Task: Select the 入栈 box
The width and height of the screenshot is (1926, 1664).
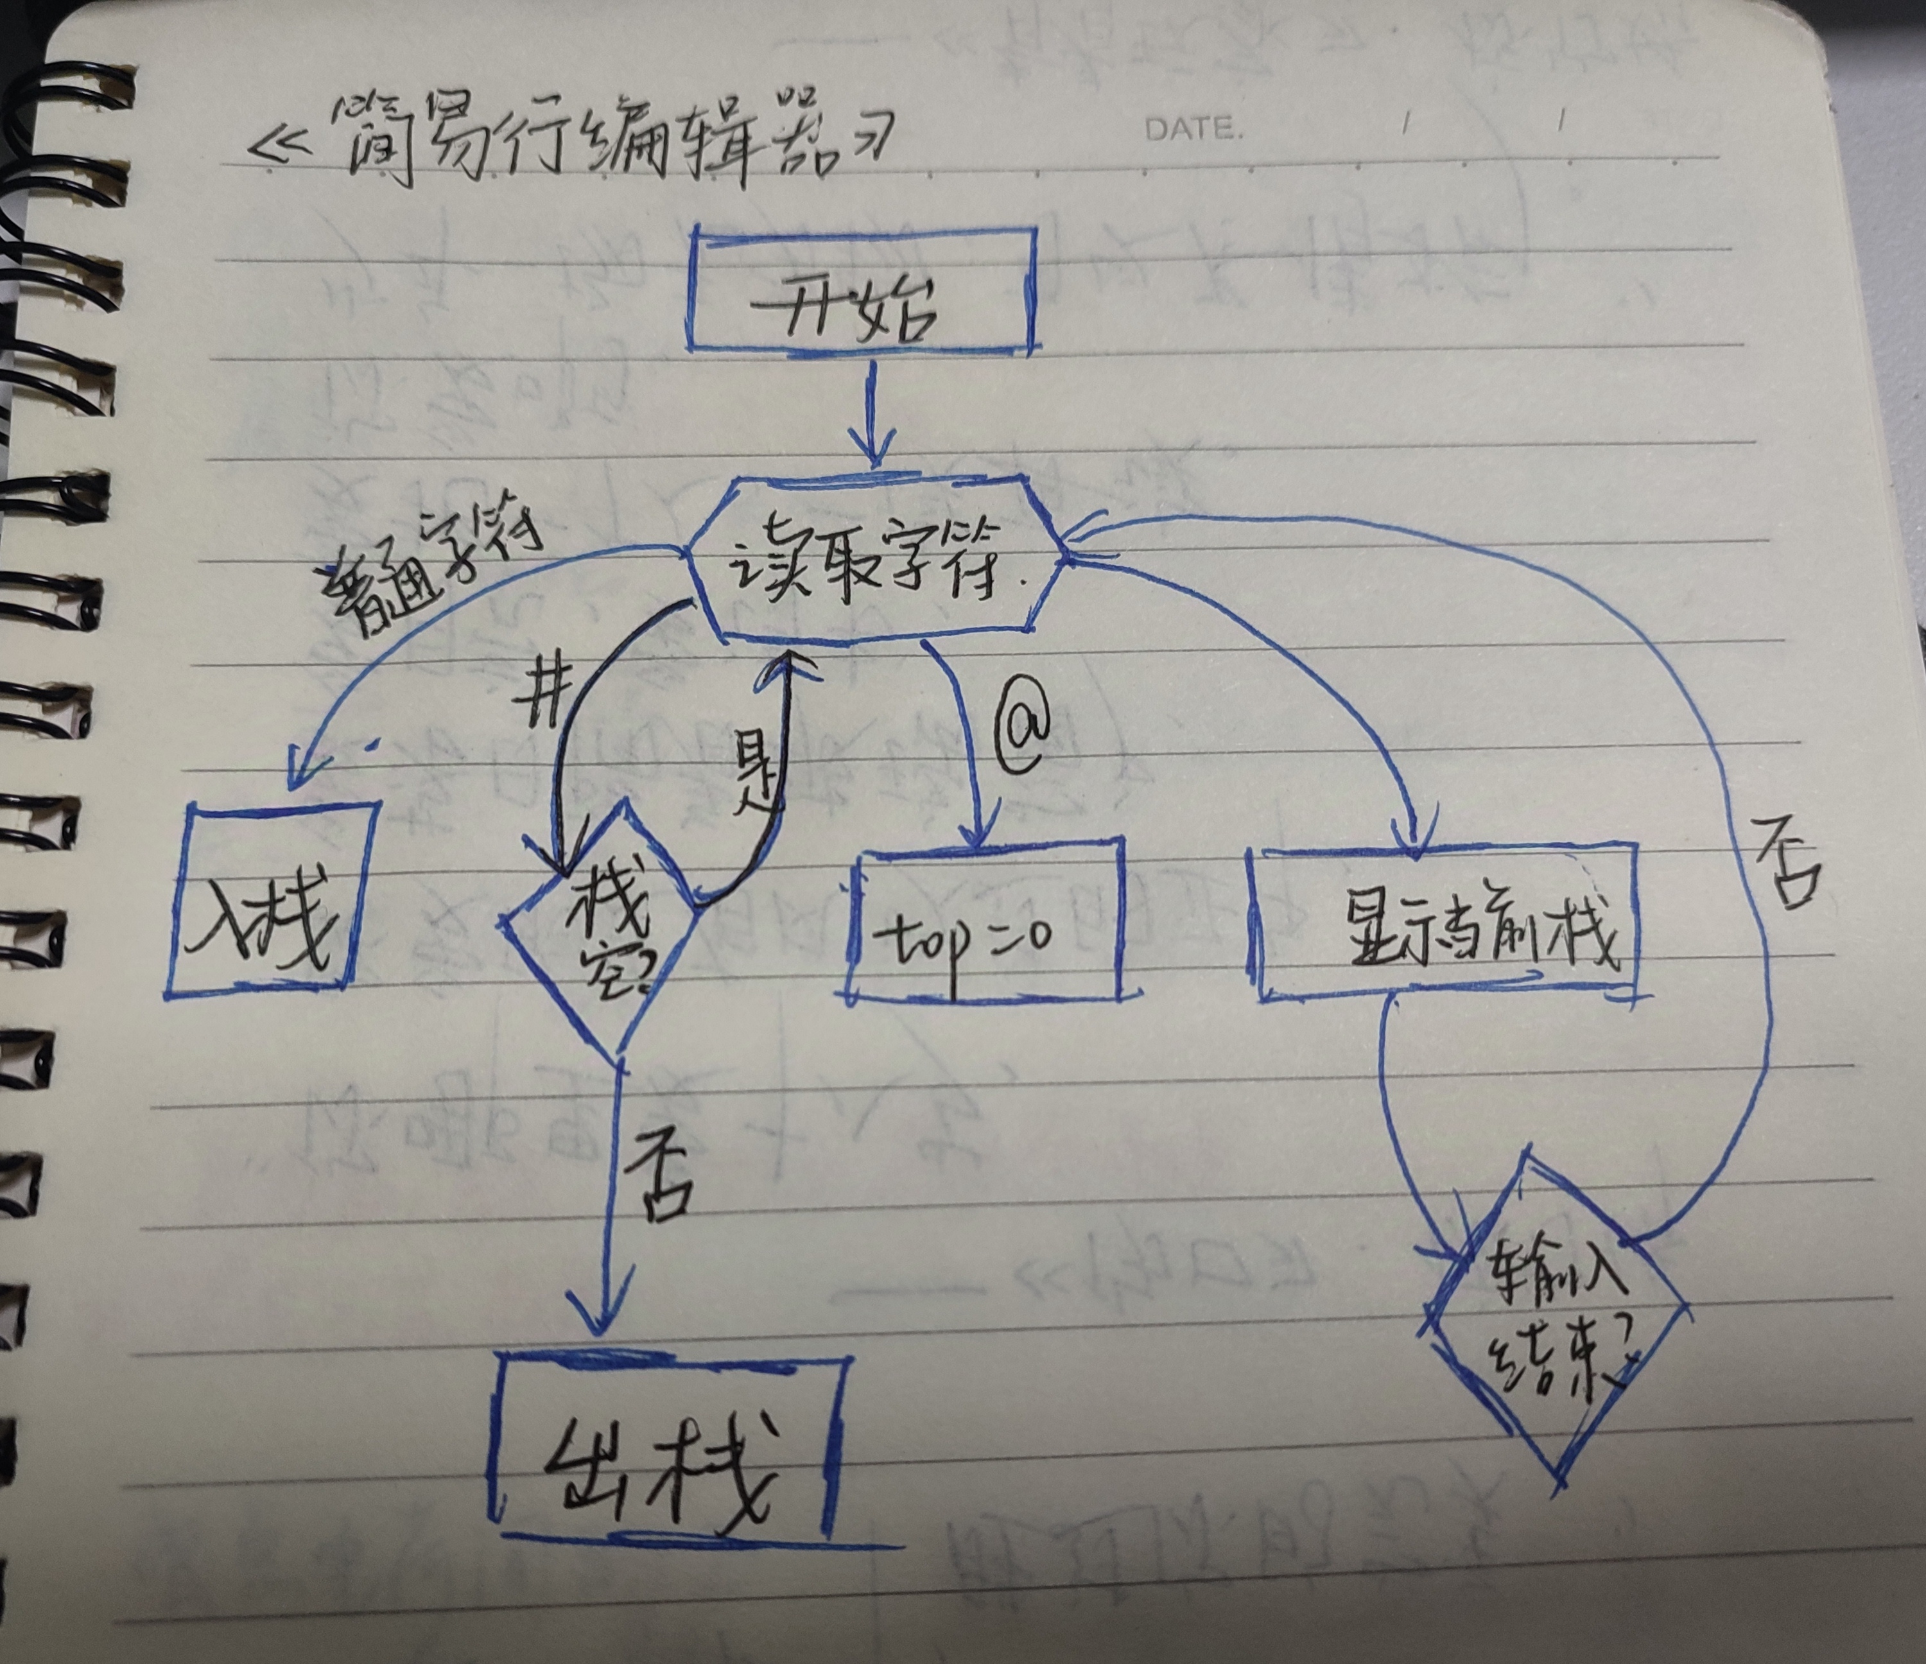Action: tap(270, 897)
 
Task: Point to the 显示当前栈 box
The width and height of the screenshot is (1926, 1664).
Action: tap(1445, 925)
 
